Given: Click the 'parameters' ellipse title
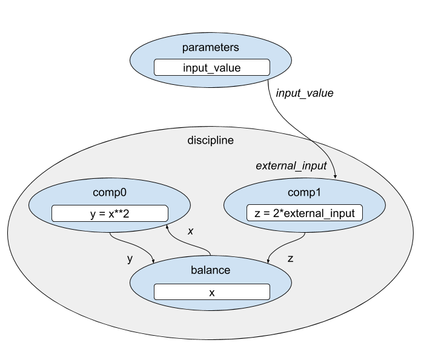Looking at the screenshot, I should (x=211, y=47).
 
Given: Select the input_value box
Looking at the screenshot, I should (x=211, y=67).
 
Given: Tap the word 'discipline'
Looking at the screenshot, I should (x=211, y=140).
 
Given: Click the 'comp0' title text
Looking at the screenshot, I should (x=109, y=193).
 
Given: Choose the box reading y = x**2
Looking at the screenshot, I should (x=109, y=213).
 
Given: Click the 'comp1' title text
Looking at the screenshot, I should (x=305, y=193).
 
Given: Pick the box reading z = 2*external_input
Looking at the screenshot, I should (x=305, y=213).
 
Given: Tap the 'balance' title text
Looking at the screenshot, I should (x=211, y=270).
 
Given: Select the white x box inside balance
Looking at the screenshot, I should (x=211, y=292).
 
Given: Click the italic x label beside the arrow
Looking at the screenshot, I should (x=190, y=231).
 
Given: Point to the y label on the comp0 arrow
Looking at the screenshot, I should (x=129, y=259).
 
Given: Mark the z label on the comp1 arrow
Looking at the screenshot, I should (x=290, y=259).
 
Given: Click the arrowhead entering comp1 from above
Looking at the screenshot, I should (x=336, y=176).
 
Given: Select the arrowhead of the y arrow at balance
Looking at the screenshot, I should (x=153, y=261).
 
